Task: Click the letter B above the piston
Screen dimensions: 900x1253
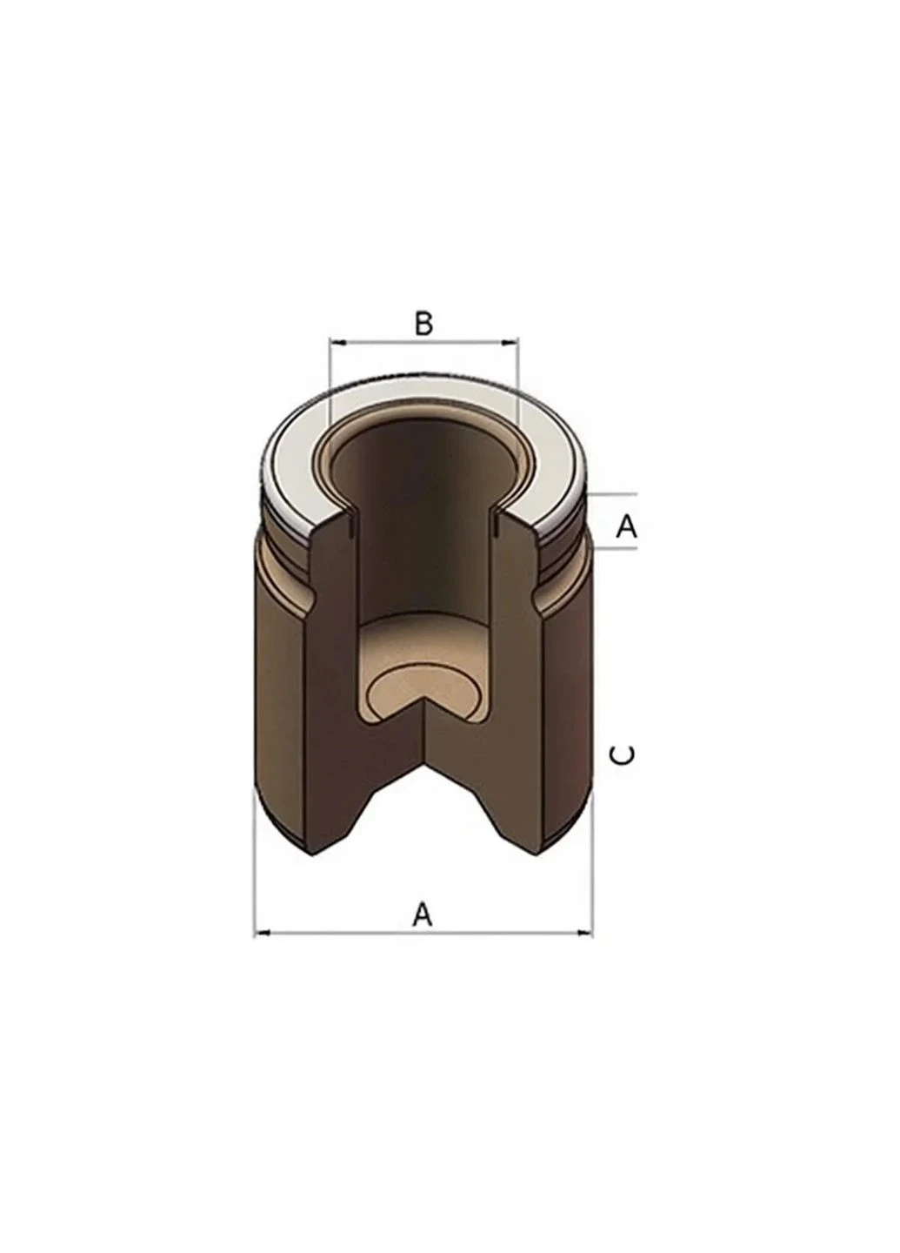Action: point(423,323)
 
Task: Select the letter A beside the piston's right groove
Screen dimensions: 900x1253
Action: point(626,526)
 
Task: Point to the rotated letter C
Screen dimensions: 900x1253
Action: point(623,755)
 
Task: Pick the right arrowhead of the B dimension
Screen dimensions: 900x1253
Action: point(511,341)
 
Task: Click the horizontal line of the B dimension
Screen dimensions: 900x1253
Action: point(424,341)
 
